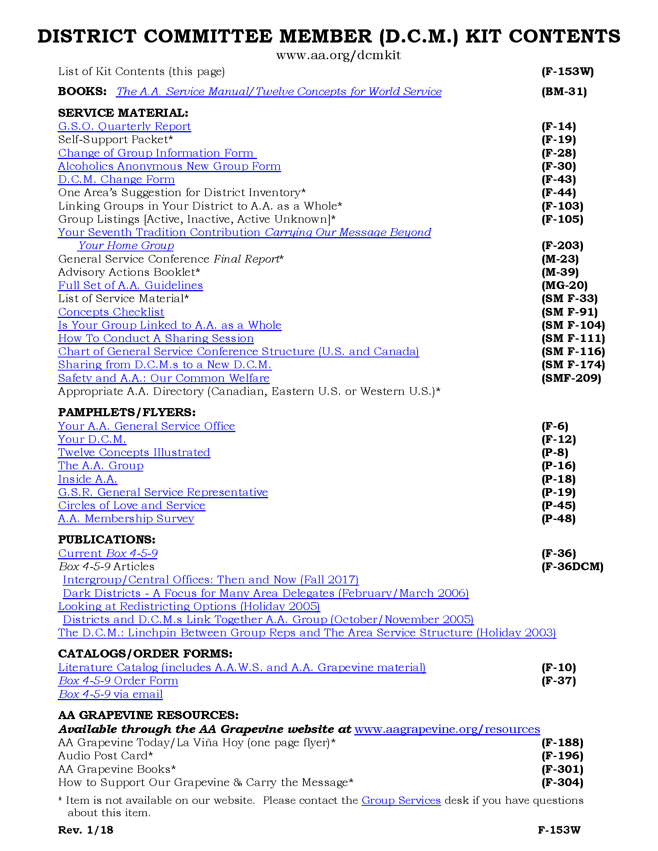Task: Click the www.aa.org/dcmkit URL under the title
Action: [338, 55]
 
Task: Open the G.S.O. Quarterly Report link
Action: [124, 126]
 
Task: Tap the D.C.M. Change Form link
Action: [116, 179]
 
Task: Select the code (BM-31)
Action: [564, 92]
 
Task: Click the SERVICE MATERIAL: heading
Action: [123, 113]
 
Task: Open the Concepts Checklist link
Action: [111, 312]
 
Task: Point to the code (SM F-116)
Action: [573, 352]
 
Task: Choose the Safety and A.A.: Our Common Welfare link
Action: [164, 378]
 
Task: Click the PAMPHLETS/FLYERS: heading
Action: [127, 412]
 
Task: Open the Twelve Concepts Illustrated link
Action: [134, 453]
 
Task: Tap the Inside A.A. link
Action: [88, 479]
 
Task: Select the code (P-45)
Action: [558, 506]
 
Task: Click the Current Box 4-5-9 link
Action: [108, 553]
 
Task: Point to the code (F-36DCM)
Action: [572, 567]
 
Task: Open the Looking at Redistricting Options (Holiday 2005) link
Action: [189, 606]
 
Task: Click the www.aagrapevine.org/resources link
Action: [447, 729]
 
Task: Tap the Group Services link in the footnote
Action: [401, 800]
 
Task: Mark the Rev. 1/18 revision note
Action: [86, 830]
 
